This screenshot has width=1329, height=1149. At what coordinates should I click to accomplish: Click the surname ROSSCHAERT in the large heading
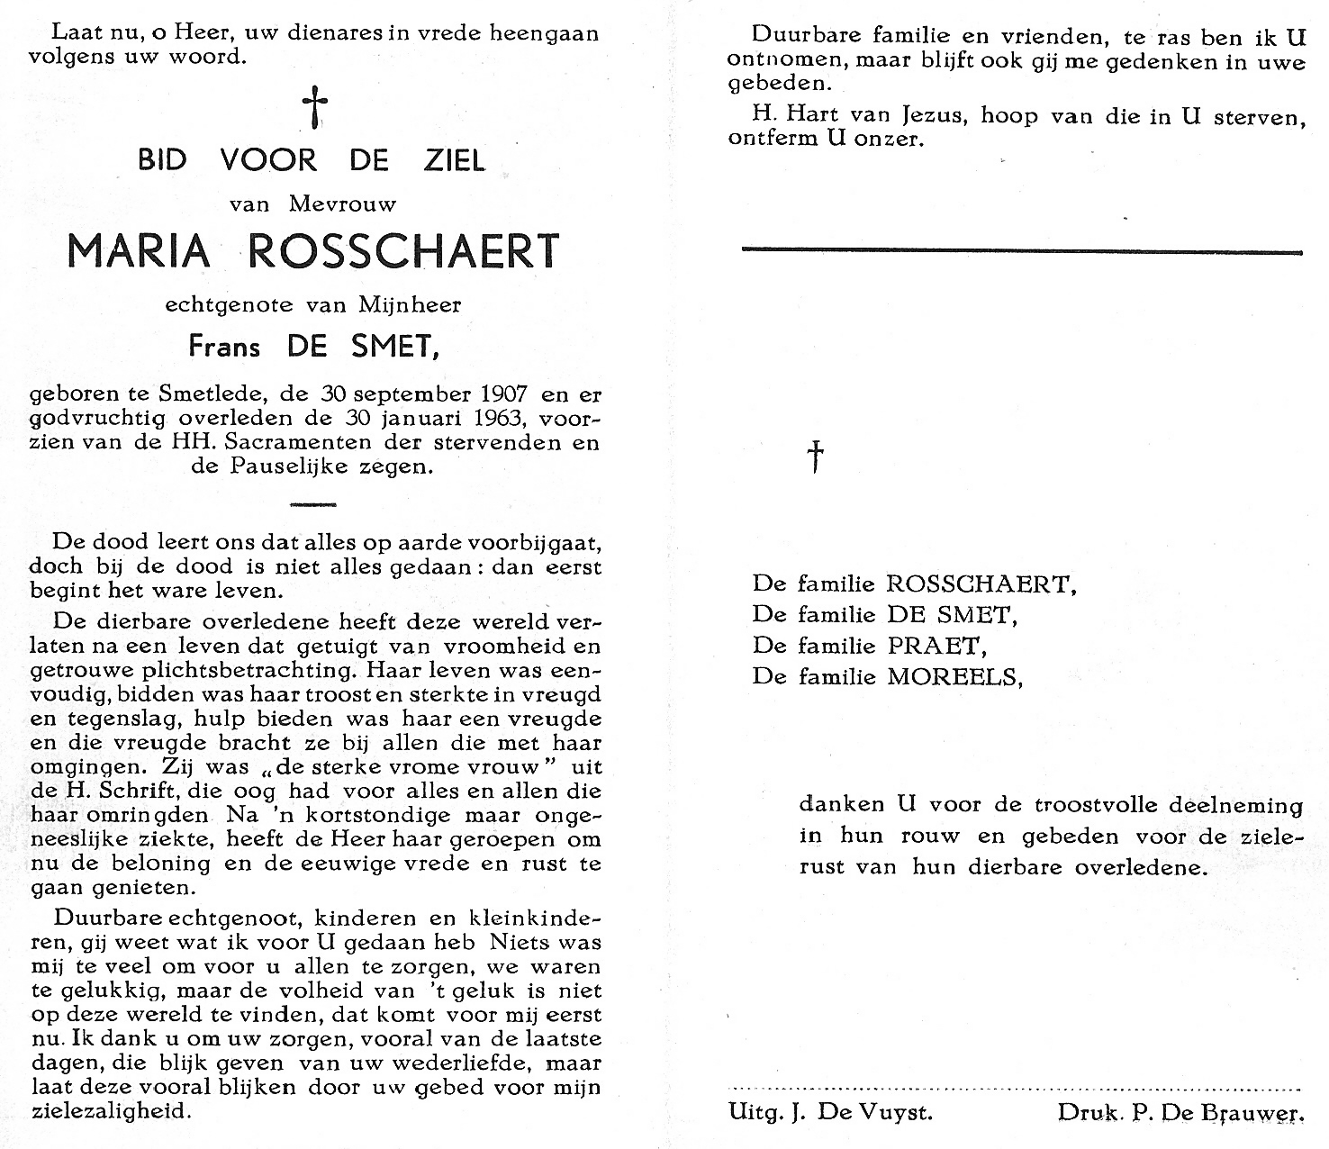tap(402, 250)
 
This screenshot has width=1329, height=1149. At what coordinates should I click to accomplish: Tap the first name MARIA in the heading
tap(139, 250)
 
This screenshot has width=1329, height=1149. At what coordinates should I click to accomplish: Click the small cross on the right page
tap(815, 457)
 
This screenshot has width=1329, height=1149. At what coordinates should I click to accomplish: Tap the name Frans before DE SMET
tap(223, 346)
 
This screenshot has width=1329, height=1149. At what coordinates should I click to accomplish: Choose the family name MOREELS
tap(954, 676)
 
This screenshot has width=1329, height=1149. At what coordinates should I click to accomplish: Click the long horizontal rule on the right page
tap(1021, 251)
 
